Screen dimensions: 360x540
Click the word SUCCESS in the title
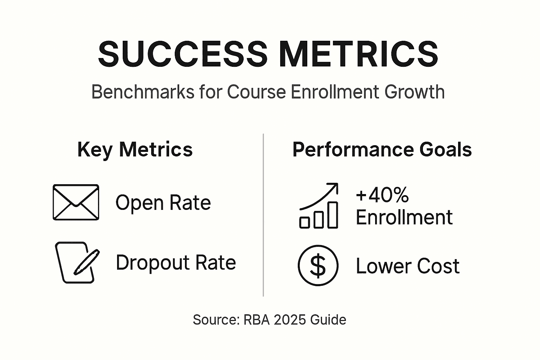tap(183, 54)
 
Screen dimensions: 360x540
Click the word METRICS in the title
tap(359, 54)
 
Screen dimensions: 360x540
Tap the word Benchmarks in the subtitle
tap(142, 92)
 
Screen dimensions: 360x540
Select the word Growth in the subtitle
tap(414, 92)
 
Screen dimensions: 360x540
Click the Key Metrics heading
tap(135, 149)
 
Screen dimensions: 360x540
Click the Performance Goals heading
tap(382, 149)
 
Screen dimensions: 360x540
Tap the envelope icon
tap(76, 202)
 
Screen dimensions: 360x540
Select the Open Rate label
tap(163, 203)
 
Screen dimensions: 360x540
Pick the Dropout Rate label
tap(176, 263)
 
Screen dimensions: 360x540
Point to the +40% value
tap(382, 195)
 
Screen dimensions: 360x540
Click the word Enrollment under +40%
tap(404, 217)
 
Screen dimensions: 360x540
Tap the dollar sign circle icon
tap(318, 265)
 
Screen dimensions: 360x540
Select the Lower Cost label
tap(407, 266)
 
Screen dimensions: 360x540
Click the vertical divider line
tap(263, 214)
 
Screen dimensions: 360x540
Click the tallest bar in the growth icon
tap(333, 215)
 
